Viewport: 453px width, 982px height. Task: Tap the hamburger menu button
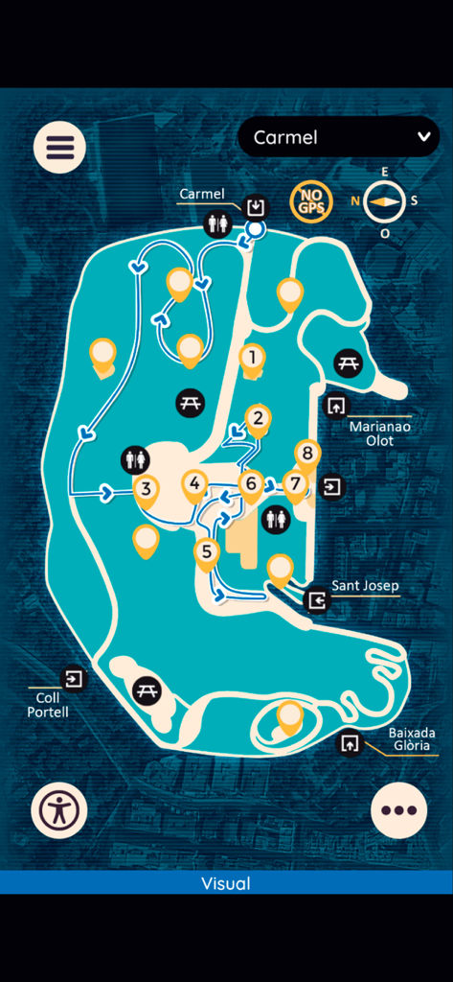(x=59, y=148)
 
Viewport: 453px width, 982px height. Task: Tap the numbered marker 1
(x=252, y=358)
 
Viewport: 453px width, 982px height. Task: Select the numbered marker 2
(x=257, y=418)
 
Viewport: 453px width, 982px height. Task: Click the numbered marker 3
(x=146, y=489)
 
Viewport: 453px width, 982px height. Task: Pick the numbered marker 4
(x=195, y=484)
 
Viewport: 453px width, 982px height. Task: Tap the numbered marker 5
(x=207, y=551)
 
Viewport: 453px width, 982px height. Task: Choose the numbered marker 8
(x=306, y=453)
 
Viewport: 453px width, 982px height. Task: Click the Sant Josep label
(x=365, y=585)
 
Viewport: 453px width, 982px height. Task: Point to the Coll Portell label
(x=47, y=705)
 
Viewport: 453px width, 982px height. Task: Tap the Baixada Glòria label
(x=409, y=738)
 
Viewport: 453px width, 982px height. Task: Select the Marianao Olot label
(x=372, y=433)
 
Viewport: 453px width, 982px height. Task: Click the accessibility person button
(x=59, y=810)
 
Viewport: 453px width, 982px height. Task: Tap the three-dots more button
(x=398, y=810)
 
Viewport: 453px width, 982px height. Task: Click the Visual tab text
(x=226, y=883)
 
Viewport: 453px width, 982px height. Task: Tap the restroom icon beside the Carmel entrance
(x=218, y=224)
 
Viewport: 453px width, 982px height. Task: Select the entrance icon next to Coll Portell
(x=73, y=679)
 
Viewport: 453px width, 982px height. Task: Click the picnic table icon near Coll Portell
(x=147, y=689)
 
